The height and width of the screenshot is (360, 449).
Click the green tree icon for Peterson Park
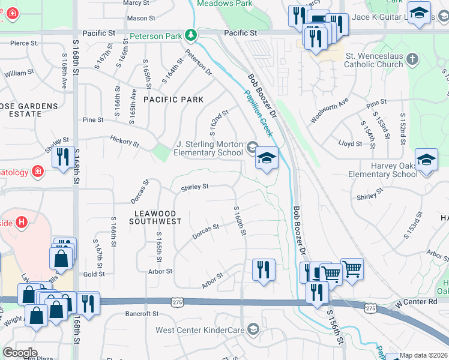pos(191,35)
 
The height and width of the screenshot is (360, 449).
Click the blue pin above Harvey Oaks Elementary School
pos(426,160)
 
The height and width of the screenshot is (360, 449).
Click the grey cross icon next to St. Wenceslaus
pos(412,59)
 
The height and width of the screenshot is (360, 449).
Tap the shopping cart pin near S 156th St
pos(352,270)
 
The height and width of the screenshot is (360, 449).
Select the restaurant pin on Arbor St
pos(263,270)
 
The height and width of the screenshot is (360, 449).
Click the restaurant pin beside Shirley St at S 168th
pos(63,158)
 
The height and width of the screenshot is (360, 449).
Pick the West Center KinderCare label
pos(201,329)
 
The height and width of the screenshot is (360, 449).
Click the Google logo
pos(19,353)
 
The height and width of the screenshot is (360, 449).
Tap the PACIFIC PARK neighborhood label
pos(173,100)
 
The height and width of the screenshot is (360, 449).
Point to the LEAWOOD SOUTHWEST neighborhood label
pos(155,217)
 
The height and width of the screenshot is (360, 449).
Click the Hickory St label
pos(124,142)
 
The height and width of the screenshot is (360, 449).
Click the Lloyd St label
pos(350,144)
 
